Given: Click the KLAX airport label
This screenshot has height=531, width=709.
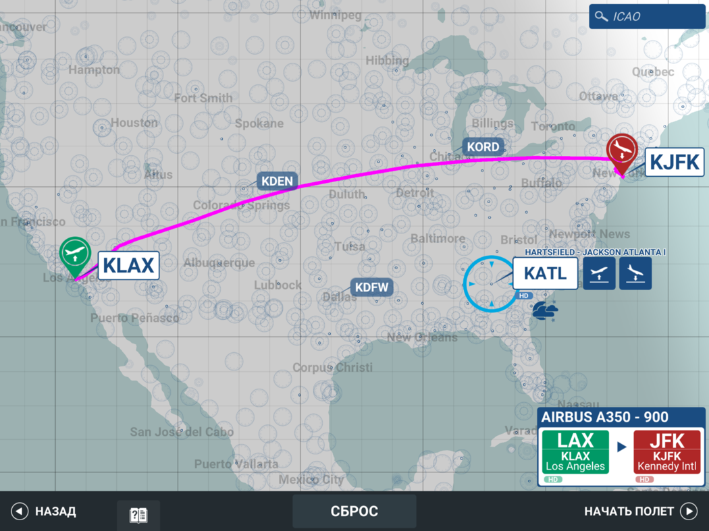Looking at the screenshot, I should [x=129, y=265].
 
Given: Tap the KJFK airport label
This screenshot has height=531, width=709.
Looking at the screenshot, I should [x=674, y=162].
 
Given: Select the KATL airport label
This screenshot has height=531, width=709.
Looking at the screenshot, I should [x=545, y=274].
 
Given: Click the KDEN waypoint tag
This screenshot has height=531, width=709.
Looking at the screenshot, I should [x=277, y=181].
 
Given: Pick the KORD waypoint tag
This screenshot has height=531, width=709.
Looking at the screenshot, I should [x=483, y=147].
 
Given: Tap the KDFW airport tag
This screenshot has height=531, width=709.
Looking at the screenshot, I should [x=371, y=287].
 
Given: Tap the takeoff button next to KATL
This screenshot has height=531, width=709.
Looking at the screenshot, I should [x=599, y=274].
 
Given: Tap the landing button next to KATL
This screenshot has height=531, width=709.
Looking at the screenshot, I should [x=635, y=274].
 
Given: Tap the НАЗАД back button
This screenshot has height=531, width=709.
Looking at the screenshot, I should [x=44, y=511].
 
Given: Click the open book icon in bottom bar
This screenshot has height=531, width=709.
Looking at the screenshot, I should [x=138, y=515].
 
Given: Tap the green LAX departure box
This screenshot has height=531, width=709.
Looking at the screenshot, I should [x=575, y=452].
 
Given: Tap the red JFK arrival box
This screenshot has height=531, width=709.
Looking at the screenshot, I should [x=667, y=452].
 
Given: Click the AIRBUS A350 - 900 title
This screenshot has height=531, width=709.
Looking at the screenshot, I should [x=596, y=417].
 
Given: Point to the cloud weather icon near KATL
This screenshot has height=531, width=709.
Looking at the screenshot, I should [x=544, y=310].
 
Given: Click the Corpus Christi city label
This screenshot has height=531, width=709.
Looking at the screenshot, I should [x=332, y=368].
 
